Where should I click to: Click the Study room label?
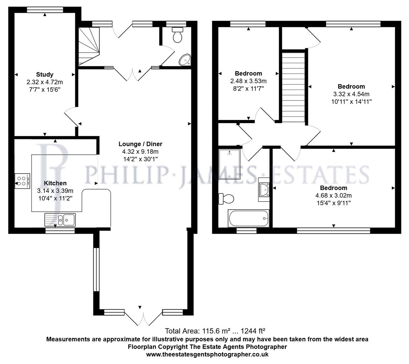tap(45, 74)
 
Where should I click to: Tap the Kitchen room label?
tap(55, 183)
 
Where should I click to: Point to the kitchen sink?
tap(60, 220)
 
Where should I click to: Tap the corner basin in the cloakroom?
tap(185, 60)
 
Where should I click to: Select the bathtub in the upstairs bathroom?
tap(249, 218)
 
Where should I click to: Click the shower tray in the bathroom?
tap(229, 164)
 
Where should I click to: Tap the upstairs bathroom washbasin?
tap(264, 190)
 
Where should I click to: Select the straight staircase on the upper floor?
tap(293, 87)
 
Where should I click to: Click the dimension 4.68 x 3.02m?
tap(334, 195)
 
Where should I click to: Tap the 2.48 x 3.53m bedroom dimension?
tap(248, 81)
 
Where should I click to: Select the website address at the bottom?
tap(207, 354)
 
